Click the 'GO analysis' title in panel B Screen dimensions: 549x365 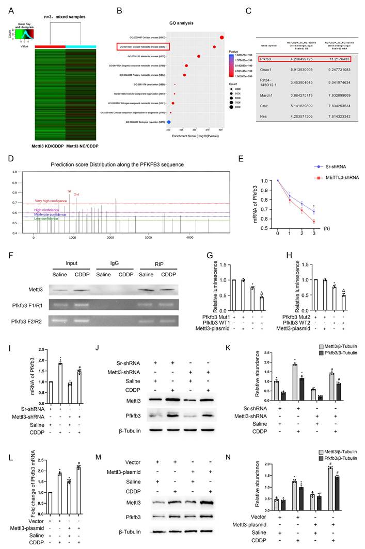pyautogui.click(x=180, y=23)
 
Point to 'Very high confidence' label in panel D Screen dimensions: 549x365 pyautogui.click(x=53, y=201)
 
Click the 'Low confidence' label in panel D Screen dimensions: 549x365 pyautogui.click(x=46, y=219)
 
